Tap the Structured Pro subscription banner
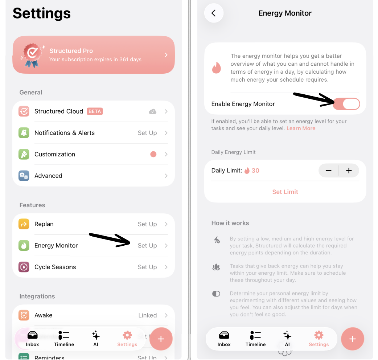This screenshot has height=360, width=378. tap(94, 55)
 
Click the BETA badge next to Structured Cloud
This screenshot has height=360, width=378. tap(95, 111)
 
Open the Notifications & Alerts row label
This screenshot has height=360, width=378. tap(64, 133)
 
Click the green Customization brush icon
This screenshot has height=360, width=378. tap(24, 154)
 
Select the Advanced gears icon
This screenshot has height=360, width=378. tap(24, 176)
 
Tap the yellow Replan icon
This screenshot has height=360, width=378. tap(24, 224)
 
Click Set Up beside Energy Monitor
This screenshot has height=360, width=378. tap(147, 245)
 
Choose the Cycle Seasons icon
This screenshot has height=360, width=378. tap(24, 267)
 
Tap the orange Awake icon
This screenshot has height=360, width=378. tap(24, 315)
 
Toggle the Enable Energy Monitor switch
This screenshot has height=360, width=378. tap(346, 104)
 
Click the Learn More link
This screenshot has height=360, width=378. tap(301, 128)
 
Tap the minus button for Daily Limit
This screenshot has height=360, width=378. tap(329, 171)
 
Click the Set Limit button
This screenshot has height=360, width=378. tap(285, 192)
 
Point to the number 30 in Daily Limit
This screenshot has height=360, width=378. tap(255, 171)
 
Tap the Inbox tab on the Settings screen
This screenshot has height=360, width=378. tap(32, 339)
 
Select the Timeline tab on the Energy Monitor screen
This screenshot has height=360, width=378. tap(255, 339)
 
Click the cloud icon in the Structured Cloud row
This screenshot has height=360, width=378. tap(153, 111)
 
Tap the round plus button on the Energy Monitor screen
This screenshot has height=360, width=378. tap(353, 339)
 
